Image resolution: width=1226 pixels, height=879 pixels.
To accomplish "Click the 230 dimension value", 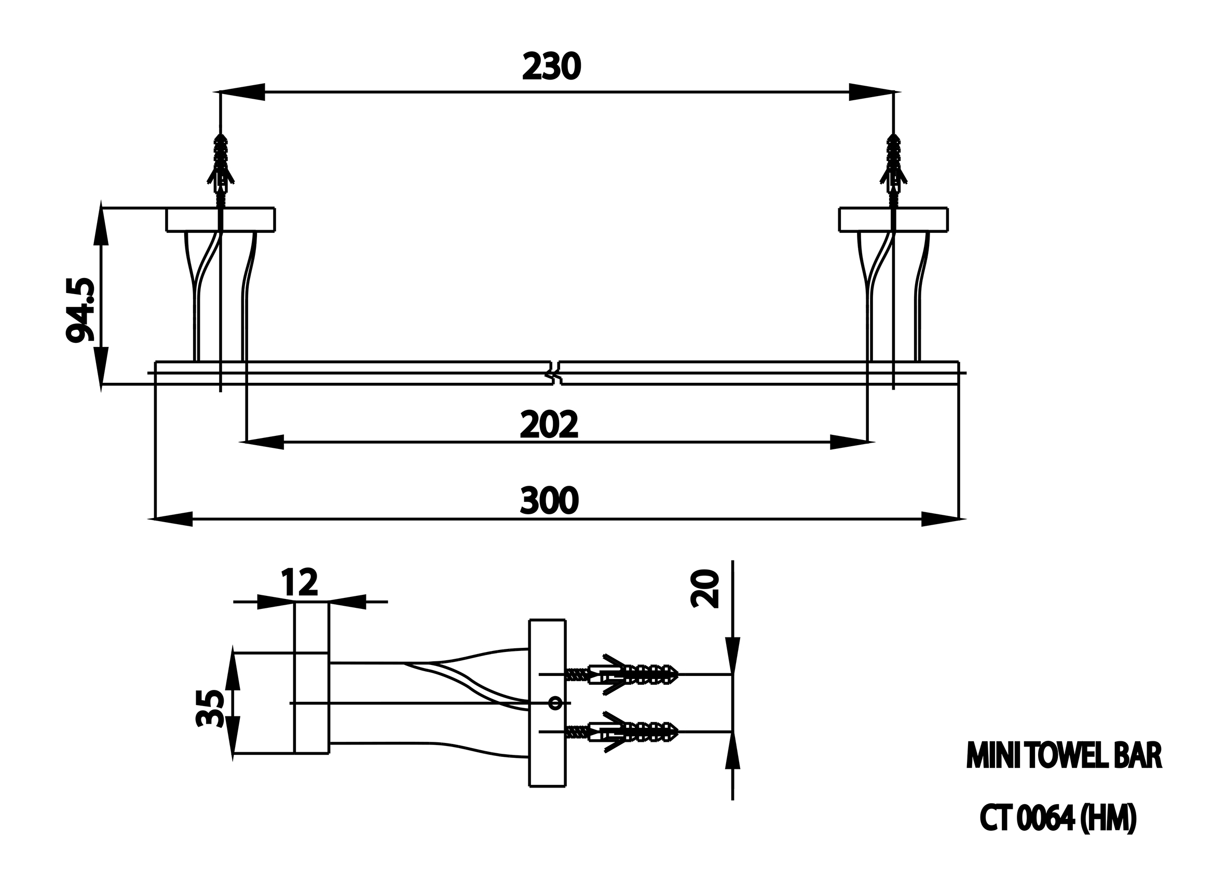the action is [551, 66].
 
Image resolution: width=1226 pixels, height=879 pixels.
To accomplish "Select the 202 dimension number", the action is [549, 424].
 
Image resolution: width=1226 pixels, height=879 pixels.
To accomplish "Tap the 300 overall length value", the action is [549, 501].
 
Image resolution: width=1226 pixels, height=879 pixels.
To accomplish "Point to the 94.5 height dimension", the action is [80, 311].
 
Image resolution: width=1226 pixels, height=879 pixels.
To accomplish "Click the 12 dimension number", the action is [299, 582].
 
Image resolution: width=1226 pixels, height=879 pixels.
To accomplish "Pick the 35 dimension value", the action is [210, 709].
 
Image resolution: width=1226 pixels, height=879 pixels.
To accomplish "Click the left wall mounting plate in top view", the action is [221, 220].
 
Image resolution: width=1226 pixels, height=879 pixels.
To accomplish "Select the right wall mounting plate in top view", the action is [894, 220].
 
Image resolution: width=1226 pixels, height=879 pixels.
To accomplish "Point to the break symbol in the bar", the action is [555, 373].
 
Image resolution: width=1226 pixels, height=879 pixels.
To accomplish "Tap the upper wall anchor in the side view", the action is [622, 674].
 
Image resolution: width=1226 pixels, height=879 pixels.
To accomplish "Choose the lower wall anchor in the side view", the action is [622, 731].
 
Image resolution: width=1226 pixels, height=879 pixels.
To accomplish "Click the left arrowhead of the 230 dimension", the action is [238, 92].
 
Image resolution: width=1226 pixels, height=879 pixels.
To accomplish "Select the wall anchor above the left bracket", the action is [221, 169].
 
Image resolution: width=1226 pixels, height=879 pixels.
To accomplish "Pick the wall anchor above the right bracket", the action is [894, 169].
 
